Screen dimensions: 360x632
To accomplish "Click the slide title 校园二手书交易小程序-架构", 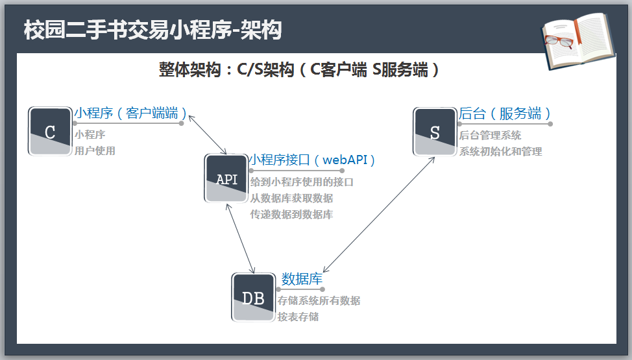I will click(x=152, y=30).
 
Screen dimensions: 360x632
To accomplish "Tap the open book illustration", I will click(x=577, y=42).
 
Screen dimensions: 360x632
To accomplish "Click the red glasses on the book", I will click(x=559, y=41).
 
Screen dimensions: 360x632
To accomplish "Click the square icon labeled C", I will click(x=50, y=132).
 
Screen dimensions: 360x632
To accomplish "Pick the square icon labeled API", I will click(x=226, y=178).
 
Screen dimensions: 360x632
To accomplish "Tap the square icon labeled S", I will click(x=435, y=132).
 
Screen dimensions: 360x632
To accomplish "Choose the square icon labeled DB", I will click(x=253, y=298).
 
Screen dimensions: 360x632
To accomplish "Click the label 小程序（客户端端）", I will click(x=130, y=114).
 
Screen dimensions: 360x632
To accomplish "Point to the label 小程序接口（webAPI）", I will click(x=313, y=160).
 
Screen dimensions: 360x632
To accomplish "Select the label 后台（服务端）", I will click(x=505, y=114).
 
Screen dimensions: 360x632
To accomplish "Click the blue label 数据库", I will click(x=302, y=279).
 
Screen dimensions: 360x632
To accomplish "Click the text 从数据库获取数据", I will click(x=291, y=198).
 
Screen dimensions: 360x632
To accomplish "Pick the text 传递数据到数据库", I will click(x=291, y=215).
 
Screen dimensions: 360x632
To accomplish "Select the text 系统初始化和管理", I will click(x=500, y=152).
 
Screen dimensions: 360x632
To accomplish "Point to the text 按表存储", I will click(x=298, y=317).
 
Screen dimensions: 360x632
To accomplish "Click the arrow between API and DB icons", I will click(x=240, y=238).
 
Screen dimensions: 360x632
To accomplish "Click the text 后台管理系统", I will click(x=490, y=136).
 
